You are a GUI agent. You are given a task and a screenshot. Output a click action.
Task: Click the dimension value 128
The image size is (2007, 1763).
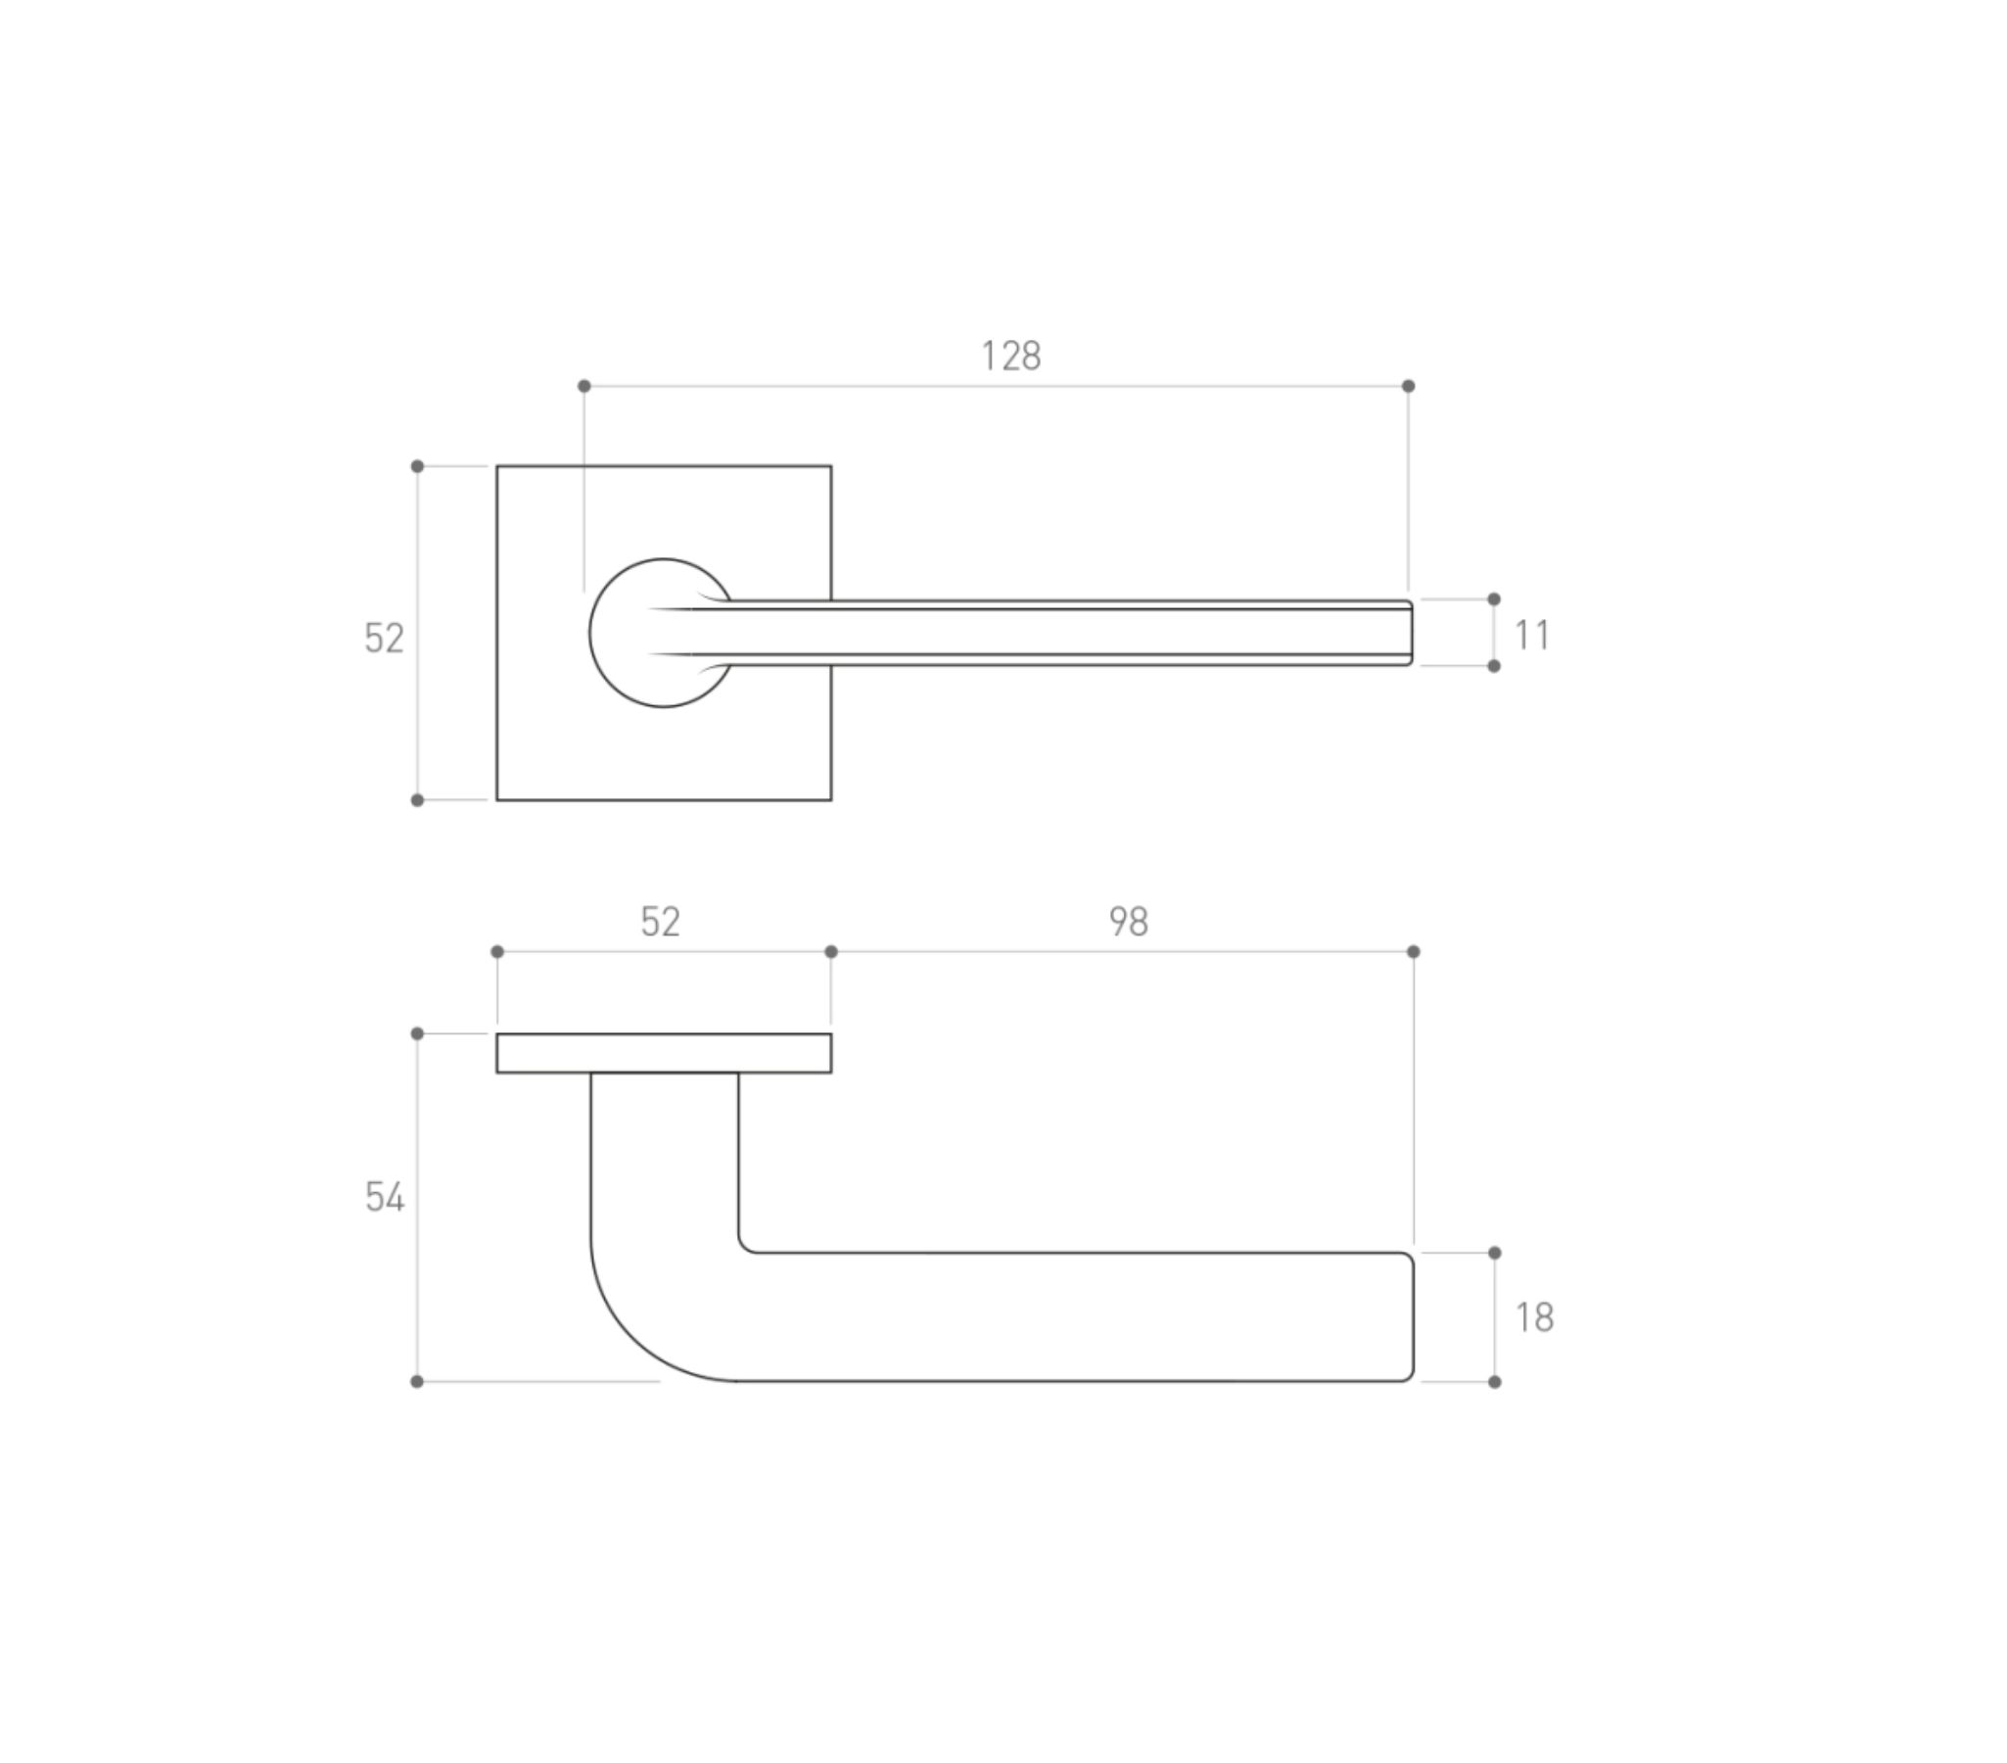point(1010,356)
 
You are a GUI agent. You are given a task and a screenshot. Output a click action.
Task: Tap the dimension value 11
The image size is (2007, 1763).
point(1532,635)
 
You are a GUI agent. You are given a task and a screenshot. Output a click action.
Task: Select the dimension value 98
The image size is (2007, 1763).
point(1128,922)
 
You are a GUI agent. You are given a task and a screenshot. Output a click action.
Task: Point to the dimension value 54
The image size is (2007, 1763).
point(384,1197)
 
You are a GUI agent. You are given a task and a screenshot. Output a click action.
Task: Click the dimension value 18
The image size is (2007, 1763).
point(1534,1317)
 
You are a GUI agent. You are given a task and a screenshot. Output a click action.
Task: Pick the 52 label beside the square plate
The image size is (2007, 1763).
point(384,639)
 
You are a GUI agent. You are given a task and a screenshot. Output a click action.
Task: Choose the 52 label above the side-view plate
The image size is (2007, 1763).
point(660,922)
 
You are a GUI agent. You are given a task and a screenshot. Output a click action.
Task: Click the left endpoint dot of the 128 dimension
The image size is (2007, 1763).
point(584,386)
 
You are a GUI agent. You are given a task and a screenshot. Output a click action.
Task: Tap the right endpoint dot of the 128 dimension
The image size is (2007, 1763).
point(1408,386)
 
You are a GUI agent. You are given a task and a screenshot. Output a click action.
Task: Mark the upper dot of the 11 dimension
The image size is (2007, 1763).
point(1493,599)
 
